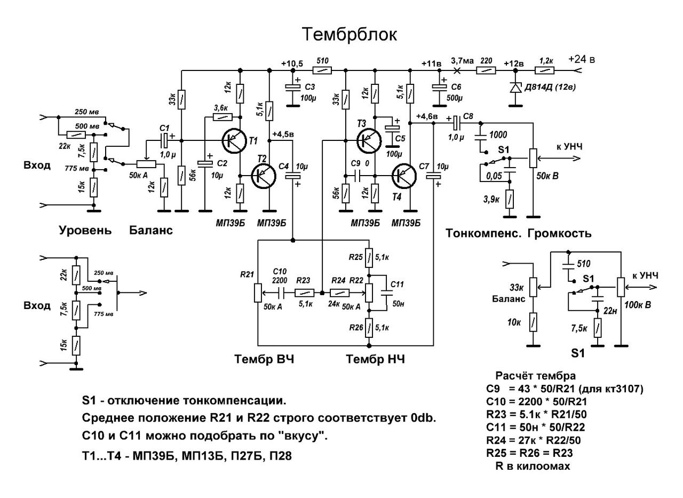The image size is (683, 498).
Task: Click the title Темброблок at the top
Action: [350, 34]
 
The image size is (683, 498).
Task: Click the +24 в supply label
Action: [582, 59]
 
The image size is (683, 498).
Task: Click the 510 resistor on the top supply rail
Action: [322, 70]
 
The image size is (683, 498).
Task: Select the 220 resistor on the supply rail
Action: [486, 70]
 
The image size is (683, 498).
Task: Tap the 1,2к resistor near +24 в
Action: [545, 70]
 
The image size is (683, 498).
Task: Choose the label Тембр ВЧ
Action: [264, 359]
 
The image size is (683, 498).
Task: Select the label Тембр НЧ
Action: [375, 359]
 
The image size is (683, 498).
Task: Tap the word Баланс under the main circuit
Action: [151, 231]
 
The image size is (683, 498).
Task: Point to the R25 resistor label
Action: [355, 257]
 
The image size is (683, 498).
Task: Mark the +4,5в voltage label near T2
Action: [283, 134]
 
